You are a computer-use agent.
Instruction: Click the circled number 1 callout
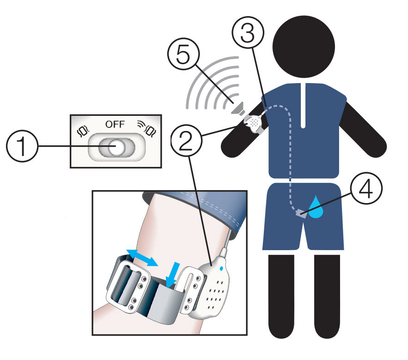(22, 146)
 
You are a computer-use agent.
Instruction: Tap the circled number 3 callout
(248, 33)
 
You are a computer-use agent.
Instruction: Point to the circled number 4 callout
(366, 188)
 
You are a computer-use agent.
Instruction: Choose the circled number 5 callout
(183, 54)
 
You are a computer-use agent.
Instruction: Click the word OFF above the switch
(115, 125)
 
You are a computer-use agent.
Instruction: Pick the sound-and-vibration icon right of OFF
(147, 128)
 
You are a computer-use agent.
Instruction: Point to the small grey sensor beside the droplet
(301, 214)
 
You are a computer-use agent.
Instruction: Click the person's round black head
(304, 47)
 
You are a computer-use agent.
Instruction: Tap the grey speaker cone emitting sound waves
(238, 109)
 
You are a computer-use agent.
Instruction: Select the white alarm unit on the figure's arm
(253, 123)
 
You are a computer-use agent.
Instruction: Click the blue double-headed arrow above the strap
(142, 258)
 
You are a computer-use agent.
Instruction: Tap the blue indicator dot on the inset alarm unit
(221, 269)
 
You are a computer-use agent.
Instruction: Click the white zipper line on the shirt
(303, 106)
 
